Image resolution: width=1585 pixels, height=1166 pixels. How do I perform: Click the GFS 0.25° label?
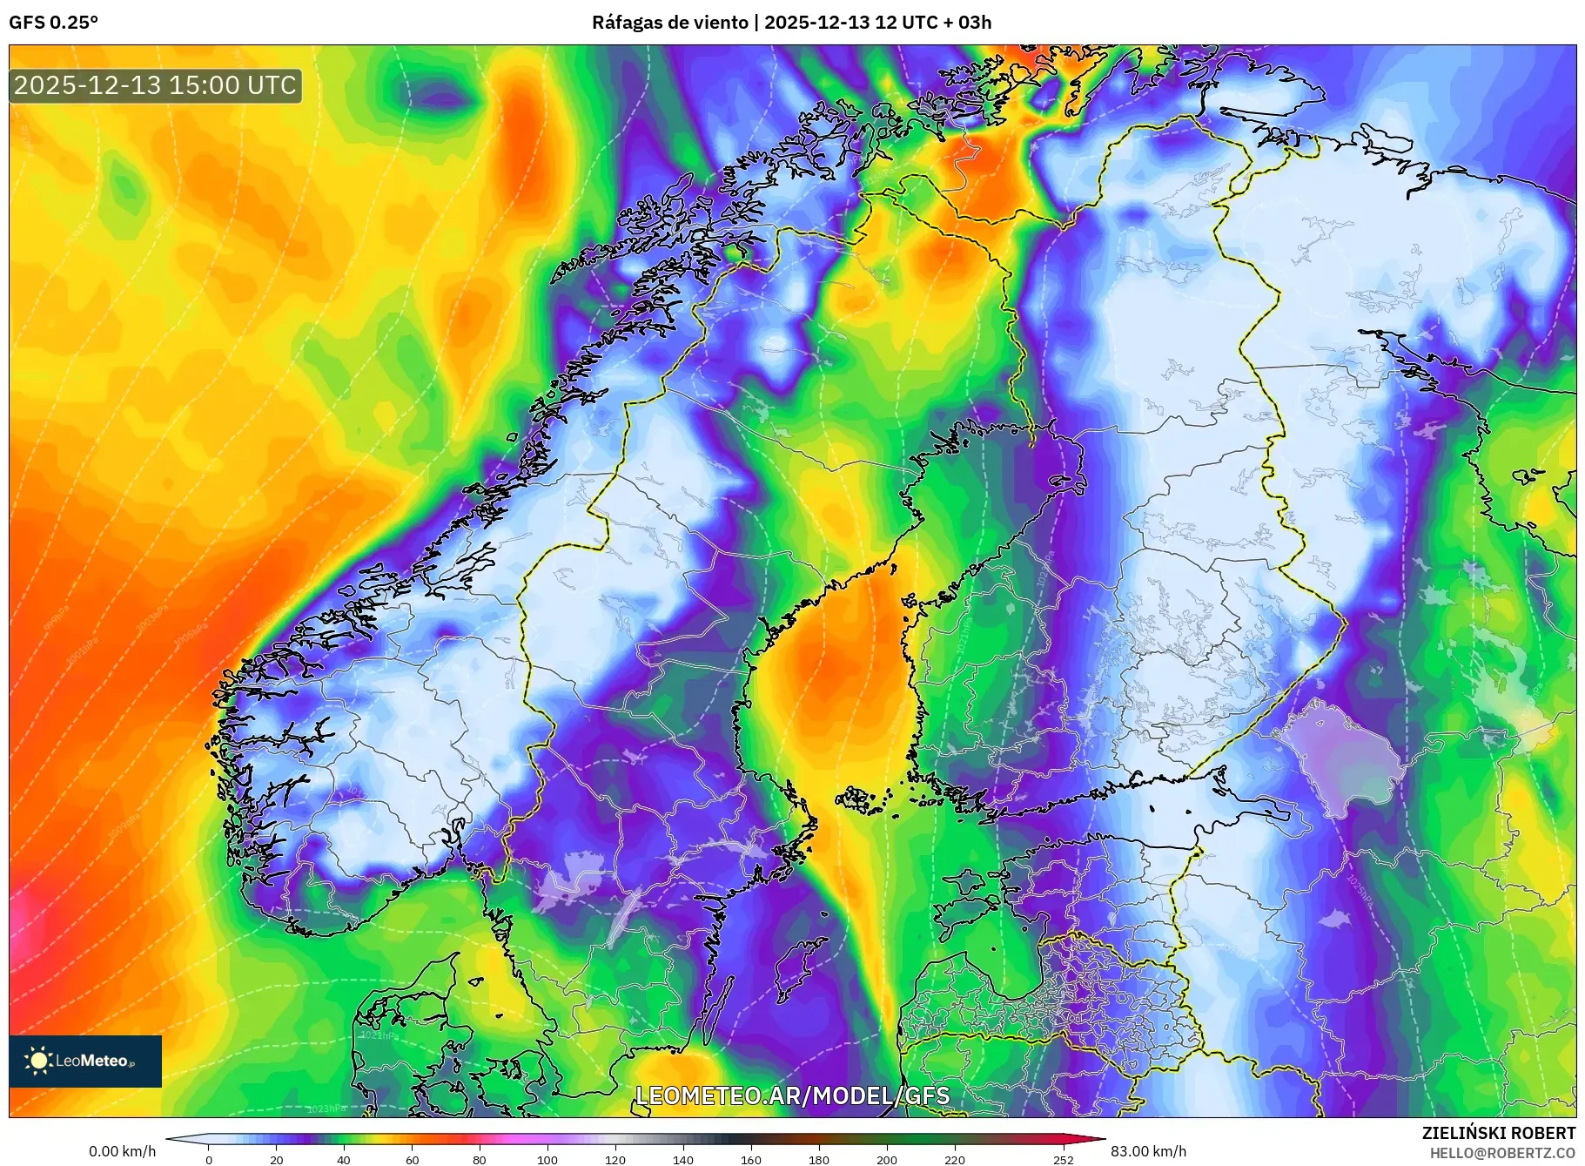(53, 23)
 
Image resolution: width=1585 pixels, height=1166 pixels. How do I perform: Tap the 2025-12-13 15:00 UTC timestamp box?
(156, 85)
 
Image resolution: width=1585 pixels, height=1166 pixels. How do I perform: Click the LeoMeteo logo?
(85, 1061)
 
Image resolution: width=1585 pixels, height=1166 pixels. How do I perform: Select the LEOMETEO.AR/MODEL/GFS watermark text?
(792, 1095)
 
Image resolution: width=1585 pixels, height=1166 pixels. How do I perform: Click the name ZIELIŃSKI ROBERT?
(1498, 1133)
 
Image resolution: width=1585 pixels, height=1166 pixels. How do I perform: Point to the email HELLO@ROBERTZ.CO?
(1502, 1153)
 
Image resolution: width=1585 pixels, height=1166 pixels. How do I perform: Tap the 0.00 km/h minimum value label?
(123, 1151)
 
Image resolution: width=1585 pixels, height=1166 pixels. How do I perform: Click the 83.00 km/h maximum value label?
(1148, 1151)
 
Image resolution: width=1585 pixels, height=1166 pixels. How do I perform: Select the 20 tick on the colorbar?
(276, 1159)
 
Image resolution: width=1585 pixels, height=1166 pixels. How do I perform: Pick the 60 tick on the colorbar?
(412, 1159)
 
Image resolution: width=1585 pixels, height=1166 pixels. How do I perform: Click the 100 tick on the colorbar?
(547, 1159)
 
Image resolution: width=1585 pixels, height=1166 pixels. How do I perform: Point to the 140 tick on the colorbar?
(683, 1159)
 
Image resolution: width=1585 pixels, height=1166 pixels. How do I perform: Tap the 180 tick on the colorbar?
(819, 1159)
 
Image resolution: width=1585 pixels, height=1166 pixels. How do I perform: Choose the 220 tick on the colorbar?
(955, 1159)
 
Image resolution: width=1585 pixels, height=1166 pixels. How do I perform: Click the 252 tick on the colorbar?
(1064, 1159)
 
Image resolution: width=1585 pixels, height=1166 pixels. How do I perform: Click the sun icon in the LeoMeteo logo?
(38, 1061)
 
